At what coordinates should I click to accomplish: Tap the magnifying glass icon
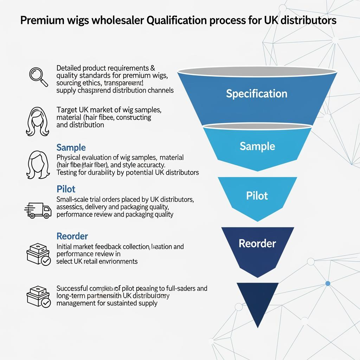(x=38, y=77)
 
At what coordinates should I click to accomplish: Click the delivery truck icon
(x=38, y=210)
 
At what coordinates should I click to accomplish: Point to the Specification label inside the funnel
(x=257, y=94)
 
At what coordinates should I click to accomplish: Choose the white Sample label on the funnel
(x=257, y=146)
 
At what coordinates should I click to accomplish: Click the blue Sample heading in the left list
(x=71, y=147)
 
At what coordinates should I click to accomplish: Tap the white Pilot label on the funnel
(x=257, y=195)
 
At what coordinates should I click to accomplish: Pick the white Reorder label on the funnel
(x=257, y=243)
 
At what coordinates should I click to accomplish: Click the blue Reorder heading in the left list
(x=72, y=236)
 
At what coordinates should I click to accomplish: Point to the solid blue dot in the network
(x=328, y=283)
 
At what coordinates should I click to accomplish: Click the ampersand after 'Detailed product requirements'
(x=153, y=68)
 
